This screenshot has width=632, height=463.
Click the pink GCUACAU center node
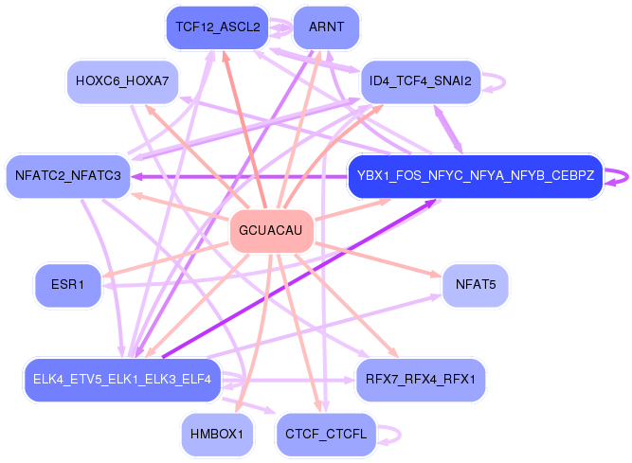click(x=271, y=231)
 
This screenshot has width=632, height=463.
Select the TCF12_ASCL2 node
click(x=218, y=27)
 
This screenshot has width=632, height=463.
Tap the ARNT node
click(x=327, y=27)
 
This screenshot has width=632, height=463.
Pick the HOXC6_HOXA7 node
click(x=122, y=81)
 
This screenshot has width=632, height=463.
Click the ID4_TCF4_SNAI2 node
click(x=421, y=81)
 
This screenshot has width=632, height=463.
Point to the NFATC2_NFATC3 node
click(x=67, y=176)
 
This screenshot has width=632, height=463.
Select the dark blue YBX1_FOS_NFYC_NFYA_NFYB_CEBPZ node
click(x=476, y=176)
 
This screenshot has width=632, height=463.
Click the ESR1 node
click(x=67, y=285)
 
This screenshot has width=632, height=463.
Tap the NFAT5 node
click(x=476, y=285)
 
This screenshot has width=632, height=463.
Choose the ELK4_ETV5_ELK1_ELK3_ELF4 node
click(x=122, y=380)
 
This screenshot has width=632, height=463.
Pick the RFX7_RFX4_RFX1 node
click(x=421, y=380)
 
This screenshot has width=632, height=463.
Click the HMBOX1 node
click(x=217, y=434)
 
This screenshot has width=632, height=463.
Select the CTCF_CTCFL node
click(x=326, y=434)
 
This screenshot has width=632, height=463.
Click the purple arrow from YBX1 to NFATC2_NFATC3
click(x=239, y=176)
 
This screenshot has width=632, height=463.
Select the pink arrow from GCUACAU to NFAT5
click(x=378, y=259)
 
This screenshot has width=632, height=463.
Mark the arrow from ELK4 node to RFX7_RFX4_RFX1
click(x=288, y=380)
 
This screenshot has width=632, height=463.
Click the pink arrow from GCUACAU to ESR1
click(x=165, y=259)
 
